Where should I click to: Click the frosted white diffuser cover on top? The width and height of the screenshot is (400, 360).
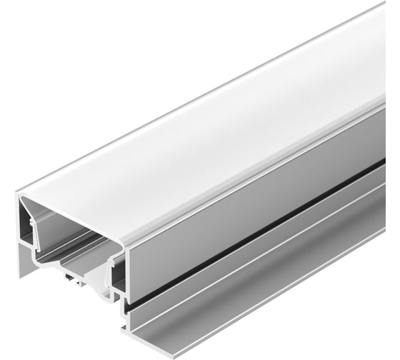coord(214,136)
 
